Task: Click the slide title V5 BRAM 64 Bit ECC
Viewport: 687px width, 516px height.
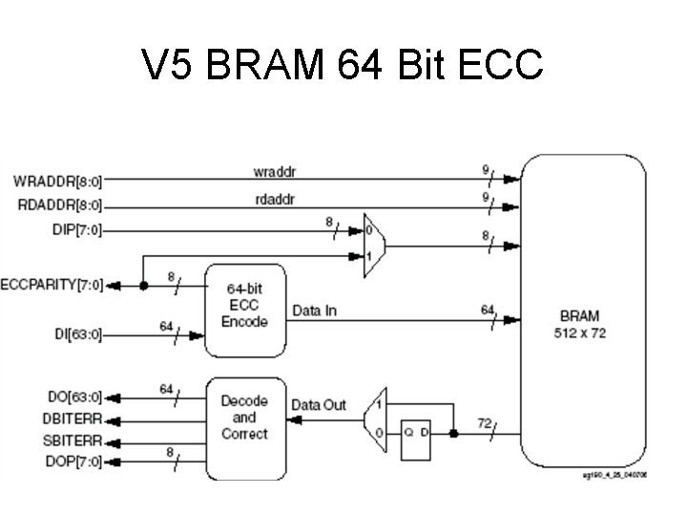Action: (343, 65)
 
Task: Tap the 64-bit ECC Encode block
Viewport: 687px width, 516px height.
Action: (245, 305)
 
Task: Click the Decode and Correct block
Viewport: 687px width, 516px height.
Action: (244, 418)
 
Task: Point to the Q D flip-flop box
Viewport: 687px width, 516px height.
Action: (416, 433)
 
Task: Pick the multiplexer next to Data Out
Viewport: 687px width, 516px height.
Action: (376, 419)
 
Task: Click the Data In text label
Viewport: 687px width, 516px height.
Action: (315, 311)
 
